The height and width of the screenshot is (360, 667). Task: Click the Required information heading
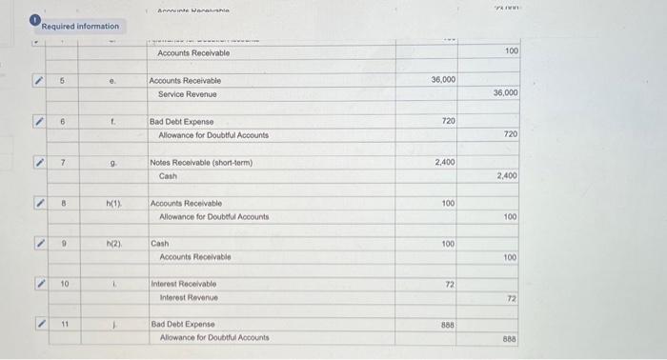[80, 26]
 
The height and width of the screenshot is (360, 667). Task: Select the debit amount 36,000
[443, 80]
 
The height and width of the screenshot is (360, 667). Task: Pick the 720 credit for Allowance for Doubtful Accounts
[511, 135]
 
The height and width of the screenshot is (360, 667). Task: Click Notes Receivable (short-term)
[200, 163]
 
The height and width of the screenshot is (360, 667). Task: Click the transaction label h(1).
[113, 204]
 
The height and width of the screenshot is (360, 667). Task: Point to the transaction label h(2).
[113, 245]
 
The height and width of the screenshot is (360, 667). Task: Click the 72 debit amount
[450, 286]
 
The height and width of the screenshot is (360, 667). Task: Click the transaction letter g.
[113, 163]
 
